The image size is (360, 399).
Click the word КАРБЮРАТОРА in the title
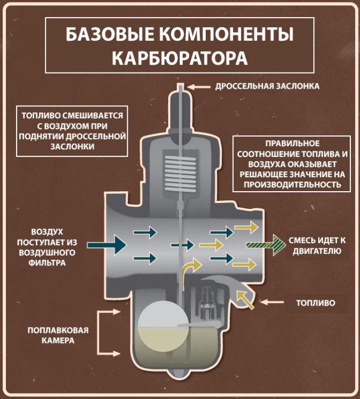[179, 57]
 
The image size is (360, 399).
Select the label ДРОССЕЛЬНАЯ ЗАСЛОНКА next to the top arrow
[267, 86]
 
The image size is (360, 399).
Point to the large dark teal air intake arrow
[107, 245]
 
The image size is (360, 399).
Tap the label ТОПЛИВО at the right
[315, 303]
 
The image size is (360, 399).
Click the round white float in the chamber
[161, 324]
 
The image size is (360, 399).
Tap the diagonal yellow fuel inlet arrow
[245, 299]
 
